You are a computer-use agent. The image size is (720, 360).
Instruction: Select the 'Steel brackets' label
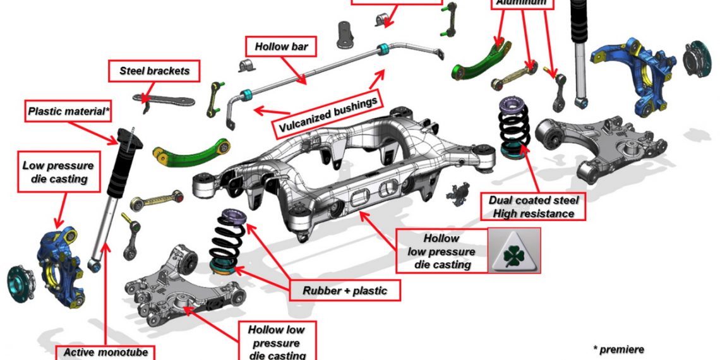click(x=155, y=71)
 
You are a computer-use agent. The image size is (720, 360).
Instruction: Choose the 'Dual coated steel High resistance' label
click(x=534, y=207)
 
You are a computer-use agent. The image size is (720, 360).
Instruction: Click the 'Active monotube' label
click(x=105, y=352)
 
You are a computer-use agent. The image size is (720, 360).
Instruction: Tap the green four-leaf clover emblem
click(x=515, y=251)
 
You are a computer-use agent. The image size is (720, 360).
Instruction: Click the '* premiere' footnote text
click(x=618, y=349)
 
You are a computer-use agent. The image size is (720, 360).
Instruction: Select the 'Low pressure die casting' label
click(x=58, y=172)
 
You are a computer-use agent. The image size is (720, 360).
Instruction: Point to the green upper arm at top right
click(x=480, y=60)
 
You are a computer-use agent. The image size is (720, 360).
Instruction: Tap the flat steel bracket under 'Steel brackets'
click(x=163, y=101)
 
